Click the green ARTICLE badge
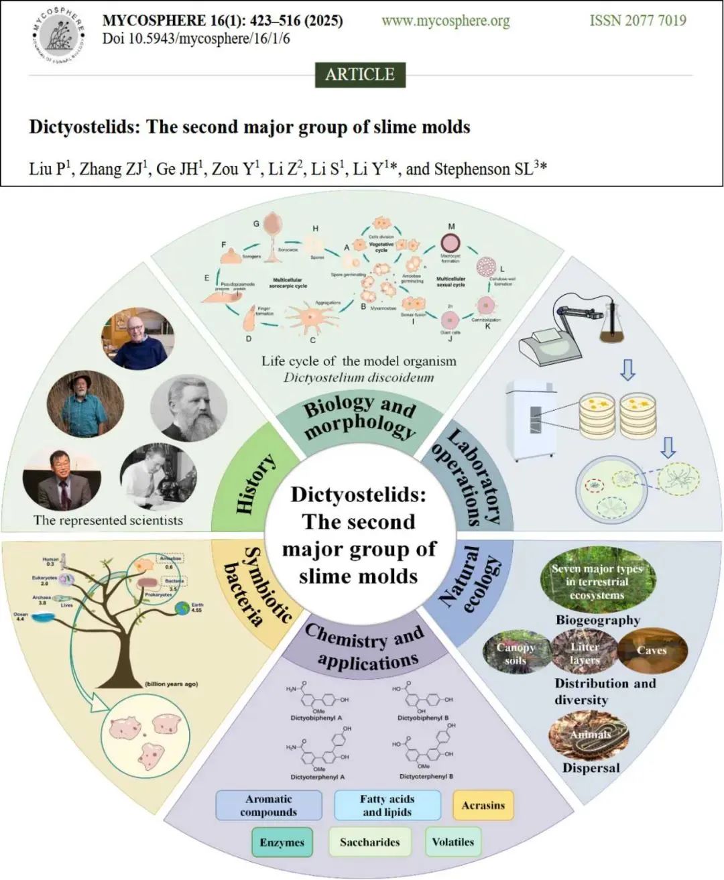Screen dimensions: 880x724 pos(360,74)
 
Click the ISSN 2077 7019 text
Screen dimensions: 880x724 pos(638,21)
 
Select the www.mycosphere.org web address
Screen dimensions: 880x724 pos(446,21)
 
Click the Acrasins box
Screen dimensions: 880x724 pos(483,805)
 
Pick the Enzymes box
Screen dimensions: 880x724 pos(282,842)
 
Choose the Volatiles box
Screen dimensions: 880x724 pos(452,842)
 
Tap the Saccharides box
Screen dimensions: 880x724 pos(369,842)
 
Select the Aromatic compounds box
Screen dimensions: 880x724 pos(268,805)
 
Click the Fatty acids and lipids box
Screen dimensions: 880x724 pos(387,805)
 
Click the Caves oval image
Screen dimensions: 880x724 pos(652,650)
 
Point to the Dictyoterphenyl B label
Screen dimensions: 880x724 pos(426,776)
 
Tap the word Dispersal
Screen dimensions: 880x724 pos(591,768)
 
